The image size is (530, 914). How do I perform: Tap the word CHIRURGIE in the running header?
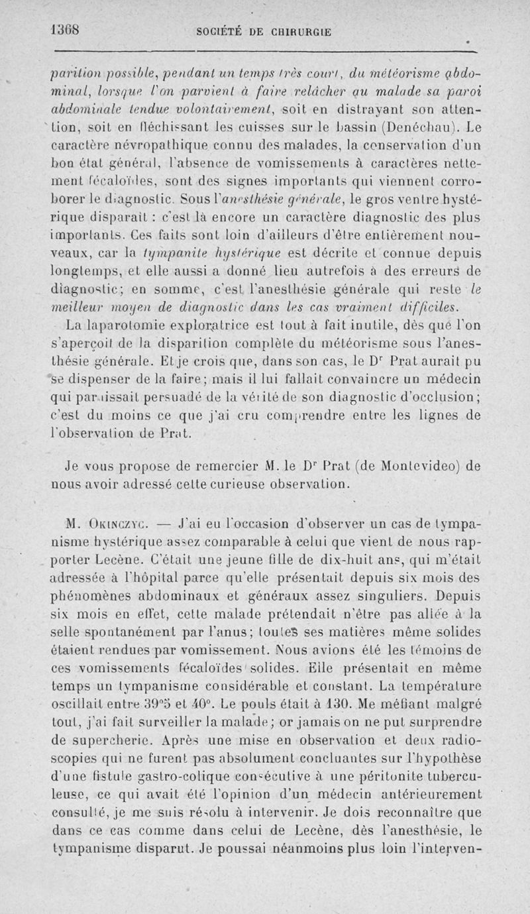click(x=299, y=31)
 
